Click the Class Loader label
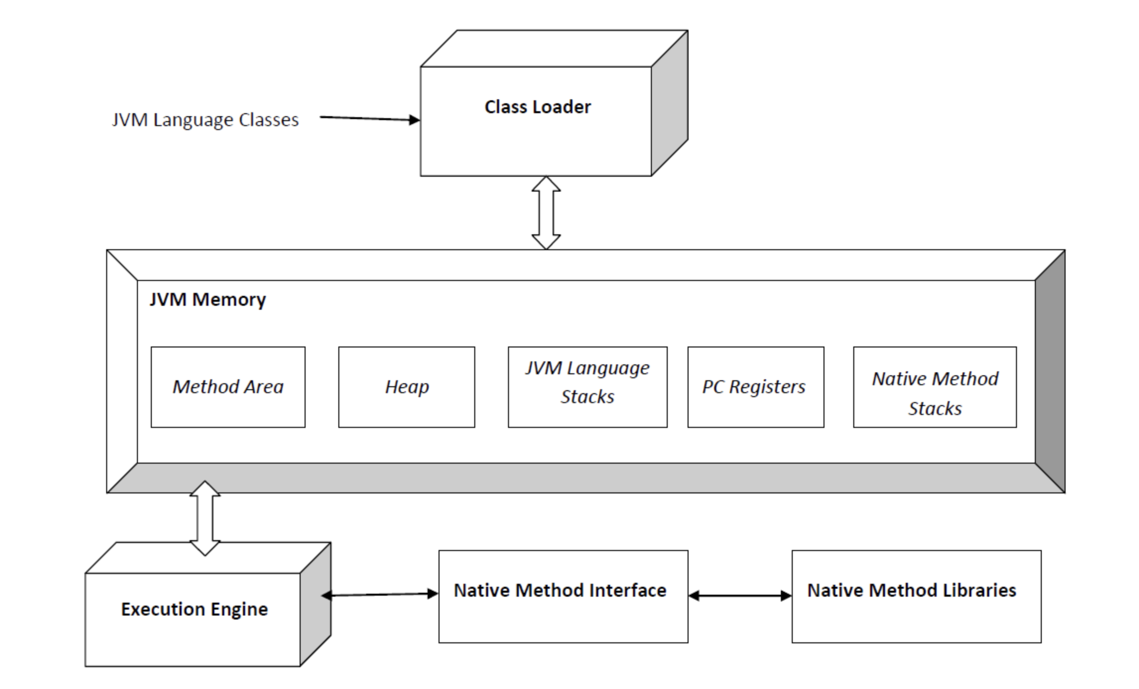(538, 107)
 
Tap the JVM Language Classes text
(205, 120)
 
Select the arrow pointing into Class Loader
(370, 119)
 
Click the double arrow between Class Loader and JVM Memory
(546, 212)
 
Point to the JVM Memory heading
(208, 299)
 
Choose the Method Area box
(228, 387)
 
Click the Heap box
(407, 387)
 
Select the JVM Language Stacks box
(588, 387)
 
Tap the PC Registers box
(756, 387)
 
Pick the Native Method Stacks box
(935, 387)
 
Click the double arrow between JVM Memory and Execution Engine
(205, 518)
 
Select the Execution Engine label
(194, 609)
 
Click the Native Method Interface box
(564, 597)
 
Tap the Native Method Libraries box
(917, 597)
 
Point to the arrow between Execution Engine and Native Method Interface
(380, 594)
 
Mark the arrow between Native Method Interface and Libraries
(740, 596)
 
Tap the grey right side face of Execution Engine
(316, 604)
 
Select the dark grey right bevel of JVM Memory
(1050, 371)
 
